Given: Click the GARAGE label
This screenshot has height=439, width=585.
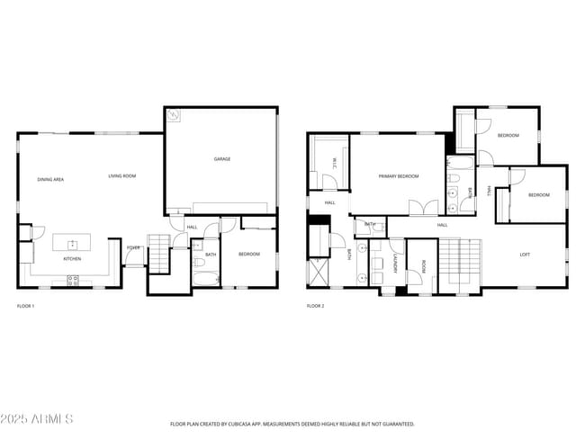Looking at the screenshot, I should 221,159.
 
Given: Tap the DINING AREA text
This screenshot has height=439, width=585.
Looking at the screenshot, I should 50,179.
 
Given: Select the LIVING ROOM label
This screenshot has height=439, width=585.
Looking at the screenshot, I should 121,175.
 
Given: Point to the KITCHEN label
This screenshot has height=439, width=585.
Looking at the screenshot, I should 73,259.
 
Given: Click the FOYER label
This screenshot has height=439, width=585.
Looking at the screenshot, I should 132,247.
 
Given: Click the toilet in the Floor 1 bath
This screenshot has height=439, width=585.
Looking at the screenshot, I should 199,264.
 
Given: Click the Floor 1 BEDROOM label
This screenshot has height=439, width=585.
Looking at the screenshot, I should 248,255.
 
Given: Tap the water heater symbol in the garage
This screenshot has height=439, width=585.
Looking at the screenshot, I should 173,115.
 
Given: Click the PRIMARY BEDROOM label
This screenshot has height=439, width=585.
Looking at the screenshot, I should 398,176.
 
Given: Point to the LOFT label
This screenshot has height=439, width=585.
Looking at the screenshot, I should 525,255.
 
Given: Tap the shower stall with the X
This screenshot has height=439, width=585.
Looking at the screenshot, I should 319,272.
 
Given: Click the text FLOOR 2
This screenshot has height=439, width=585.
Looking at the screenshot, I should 315,307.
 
